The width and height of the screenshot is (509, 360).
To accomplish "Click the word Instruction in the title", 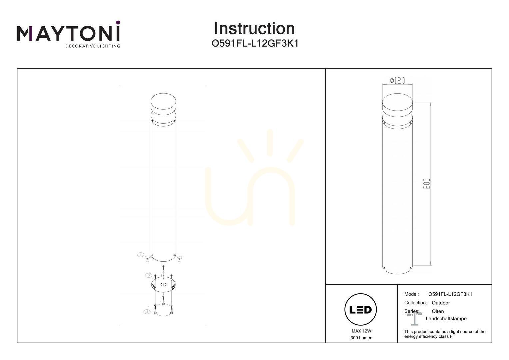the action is [x=254, y=28].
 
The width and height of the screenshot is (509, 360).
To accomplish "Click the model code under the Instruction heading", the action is [x=255, y=43].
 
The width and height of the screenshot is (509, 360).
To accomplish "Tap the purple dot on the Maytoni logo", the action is [x=118, y=22].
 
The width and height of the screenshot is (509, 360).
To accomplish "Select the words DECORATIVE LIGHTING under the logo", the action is [x=93, y=46].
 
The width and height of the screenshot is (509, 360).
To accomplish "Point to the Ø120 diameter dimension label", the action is [x=397, y=81].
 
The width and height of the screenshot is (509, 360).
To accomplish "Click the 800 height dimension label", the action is [x=427, y=184].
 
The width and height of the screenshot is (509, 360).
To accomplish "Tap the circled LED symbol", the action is [x=361, y=310].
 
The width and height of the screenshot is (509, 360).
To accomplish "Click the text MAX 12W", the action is [x=361, y=331].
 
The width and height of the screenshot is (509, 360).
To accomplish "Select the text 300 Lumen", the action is [x=361, y=338].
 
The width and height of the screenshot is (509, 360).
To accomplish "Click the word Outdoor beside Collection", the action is [x=441, y=303].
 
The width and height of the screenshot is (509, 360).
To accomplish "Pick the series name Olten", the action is [x=438, y=311].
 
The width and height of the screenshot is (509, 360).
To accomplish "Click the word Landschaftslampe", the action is [x=446, y=319].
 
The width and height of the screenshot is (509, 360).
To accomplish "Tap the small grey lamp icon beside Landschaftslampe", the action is [x=415, y=319].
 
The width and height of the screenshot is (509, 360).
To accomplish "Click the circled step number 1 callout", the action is [x=141, y=254].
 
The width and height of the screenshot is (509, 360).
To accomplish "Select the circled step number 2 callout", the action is [x=147, y=312].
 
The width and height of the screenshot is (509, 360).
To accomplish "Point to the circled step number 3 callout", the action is [x=149, y=275].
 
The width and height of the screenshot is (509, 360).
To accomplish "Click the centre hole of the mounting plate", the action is [x=163, y=284].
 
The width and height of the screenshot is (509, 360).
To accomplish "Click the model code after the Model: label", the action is [x=450, y=294].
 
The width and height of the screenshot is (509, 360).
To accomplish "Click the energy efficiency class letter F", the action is [x=451, y=337].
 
